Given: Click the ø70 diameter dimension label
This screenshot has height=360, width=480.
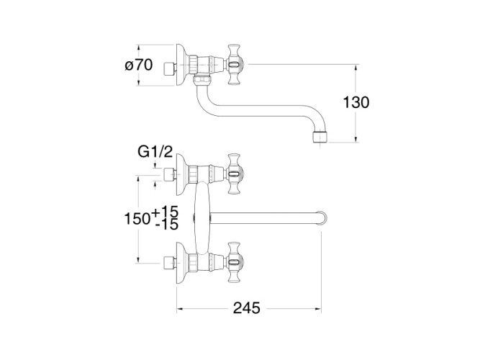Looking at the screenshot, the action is pyautogui.click(x=139, y=66).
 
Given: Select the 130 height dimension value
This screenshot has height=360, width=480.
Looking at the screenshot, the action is pyautogui.click(x=356, y=102).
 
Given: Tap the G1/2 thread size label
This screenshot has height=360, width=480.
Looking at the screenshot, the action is pyautogui.click(x=155, y=152).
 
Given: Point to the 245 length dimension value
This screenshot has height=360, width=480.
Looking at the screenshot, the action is pyautogui.click(x=246, y=308).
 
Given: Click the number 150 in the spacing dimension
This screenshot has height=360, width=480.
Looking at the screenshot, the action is pyautogui.click(x=137, y=219).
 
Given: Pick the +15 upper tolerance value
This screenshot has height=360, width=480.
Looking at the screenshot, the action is pyautogui.click(x=165, y=212).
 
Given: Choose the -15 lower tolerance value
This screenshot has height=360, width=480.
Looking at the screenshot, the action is pyautogui.click(x=166, y=225).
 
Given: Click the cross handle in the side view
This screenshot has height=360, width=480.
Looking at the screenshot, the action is pyautogui.click(x=236, y=64).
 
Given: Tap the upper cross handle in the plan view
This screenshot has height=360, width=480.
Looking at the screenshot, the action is pyautogui.click(x=236, y=174).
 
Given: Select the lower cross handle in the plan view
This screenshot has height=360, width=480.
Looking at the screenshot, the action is pyautogui.click(x=236, y=262).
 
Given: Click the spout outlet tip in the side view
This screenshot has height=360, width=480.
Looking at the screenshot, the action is pyautogui.click(x=320, y=138).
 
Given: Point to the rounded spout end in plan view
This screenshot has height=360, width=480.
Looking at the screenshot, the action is pyautogui.click(x=322, y=218).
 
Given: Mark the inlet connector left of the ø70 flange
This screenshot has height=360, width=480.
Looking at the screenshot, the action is pyautogui.click(x=170, y=70).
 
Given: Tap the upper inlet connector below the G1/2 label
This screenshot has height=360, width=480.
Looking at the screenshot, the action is pyautogui.click(x=170, y=174).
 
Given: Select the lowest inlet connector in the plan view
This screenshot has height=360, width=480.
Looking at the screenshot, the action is pyautogui.click(x=170, y=262).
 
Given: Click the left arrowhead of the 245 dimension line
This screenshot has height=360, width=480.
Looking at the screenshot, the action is pyautogui.click(x=181, y=309).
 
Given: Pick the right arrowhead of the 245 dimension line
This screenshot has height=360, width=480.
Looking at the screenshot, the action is pyautogui.click(x=318, y=309).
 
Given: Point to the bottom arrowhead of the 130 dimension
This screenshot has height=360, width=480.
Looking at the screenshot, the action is pyautogui.click(x=356, y=139).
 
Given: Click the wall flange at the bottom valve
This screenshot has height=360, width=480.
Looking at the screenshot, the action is pyautogui.click(x=182, y=262).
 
